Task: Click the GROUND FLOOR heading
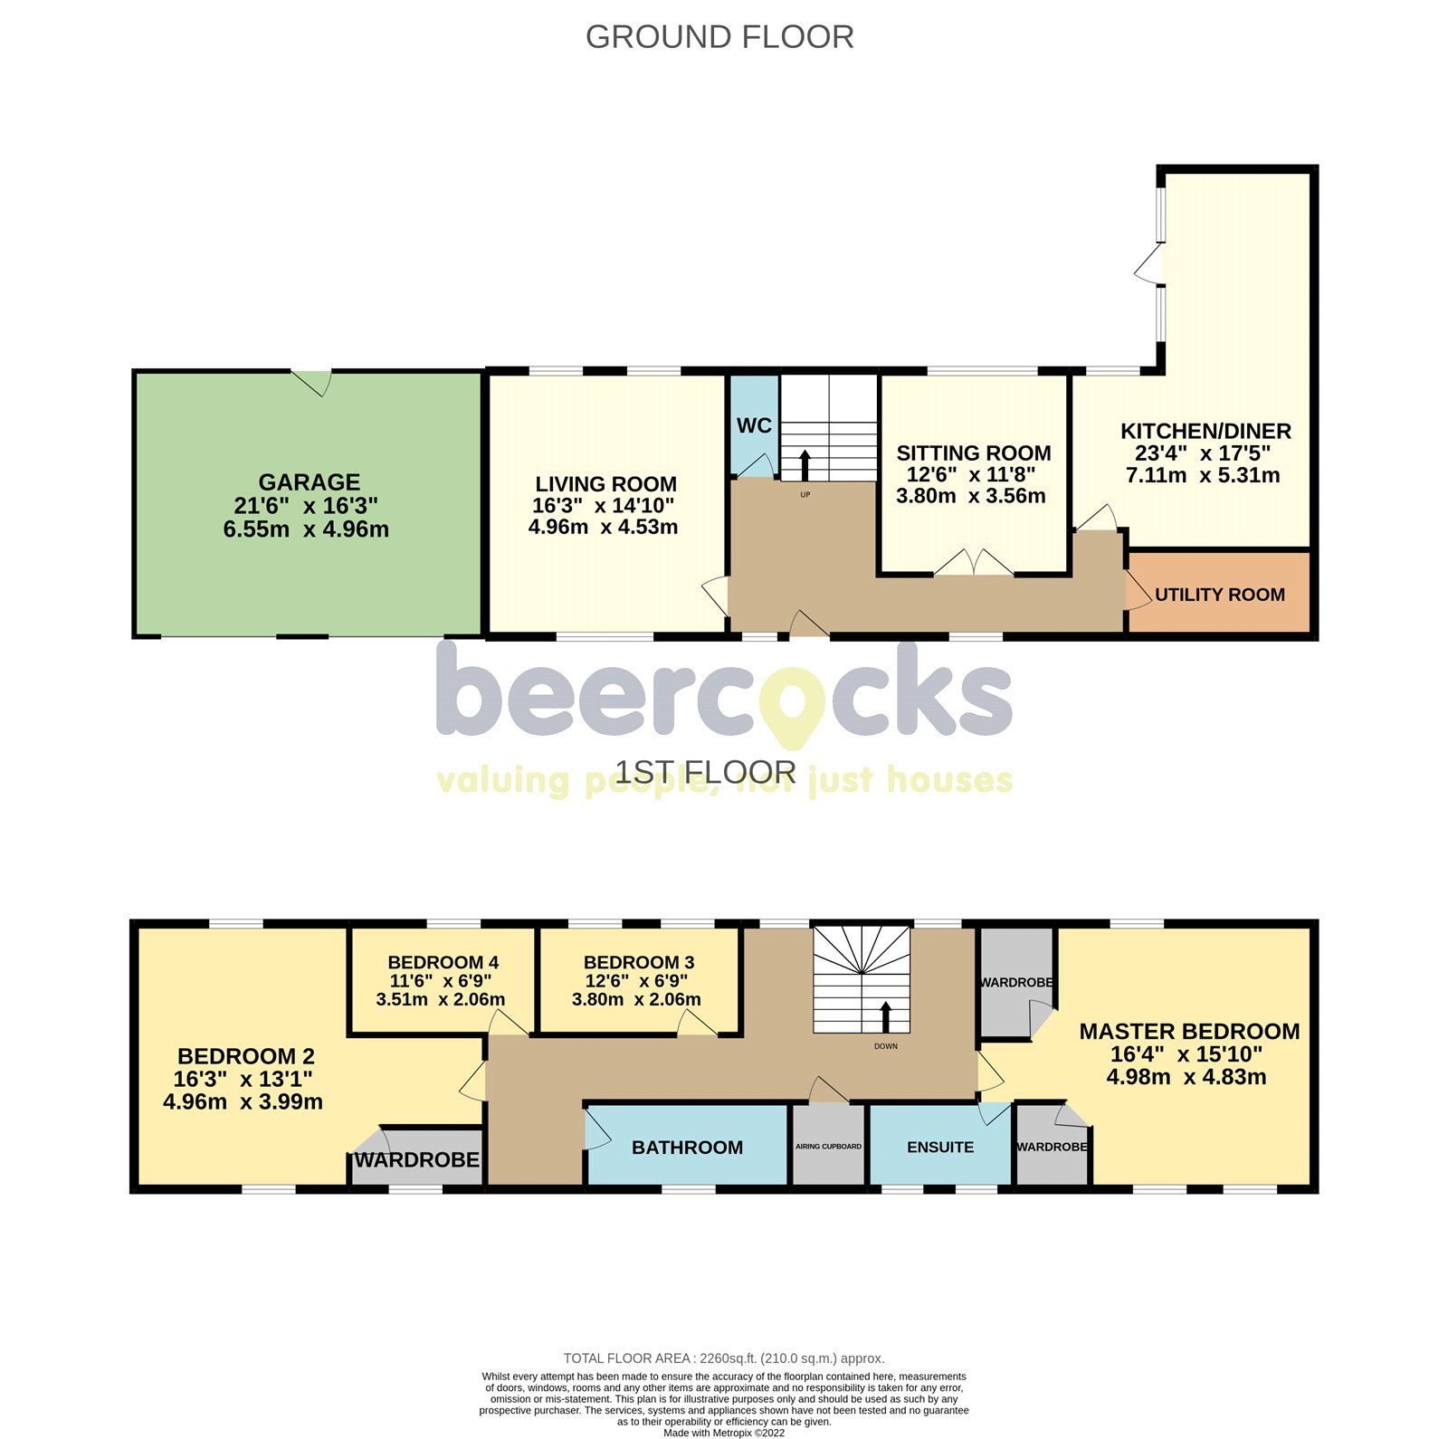click(719, 37)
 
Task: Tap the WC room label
click(754, 425)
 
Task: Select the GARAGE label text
click(309, 482)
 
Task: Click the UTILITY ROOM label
click(1219, 595)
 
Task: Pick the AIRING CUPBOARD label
click(828, 1146)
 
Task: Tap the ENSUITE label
click(940, 1147)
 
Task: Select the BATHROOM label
click(687, 1148)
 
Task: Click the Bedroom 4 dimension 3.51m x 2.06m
click(441, 1000)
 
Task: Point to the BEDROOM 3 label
click(639, 962)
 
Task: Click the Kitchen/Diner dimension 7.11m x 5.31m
click(1203, 476)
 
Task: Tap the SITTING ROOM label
click(974, 453)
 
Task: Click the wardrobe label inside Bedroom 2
click(416, 1159)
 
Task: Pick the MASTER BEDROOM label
click(1189, 1031)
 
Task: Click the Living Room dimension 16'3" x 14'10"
click(603, 506)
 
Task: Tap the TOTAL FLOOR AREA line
click(723, 1358)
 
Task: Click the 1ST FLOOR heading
click(705, 771)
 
